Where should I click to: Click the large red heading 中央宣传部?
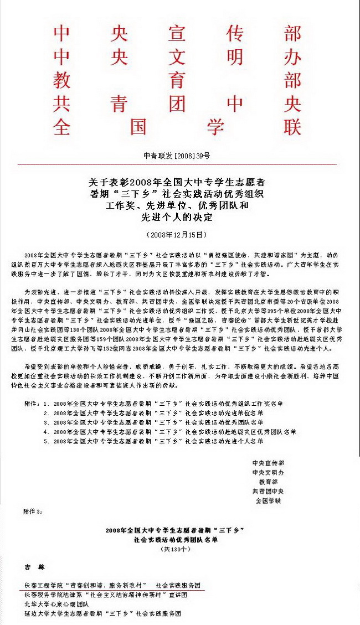pyautogui.click(x=177, y=34)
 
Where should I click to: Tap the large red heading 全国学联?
pyautogui.click(x=177, y=127)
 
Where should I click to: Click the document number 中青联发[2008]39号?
pyautogui.click(x=177, y=156)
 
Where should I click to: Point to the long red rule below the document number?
pyautogui.click(x=177, y=164)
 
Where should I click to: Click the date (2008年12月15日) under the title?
pyautogui.click(x=177, y=235)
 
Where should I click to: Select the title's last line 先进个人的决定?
pyautogui.click(x=177, y=218)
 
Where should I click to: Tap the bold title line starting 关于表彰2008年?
pyautogui.click(x=177, y=182)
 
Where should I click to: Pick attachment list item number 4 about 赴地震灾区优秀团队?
pyautogui.click(x=169, y=432)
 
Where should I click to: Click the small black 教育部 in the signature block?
pyautogui.click(x=268, y=482)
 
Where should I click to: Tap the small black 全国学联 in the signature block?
pyautogui.click(x=268, y=500)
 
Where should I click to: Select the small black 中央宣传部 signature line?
pyautogui.click(x=268, y=463)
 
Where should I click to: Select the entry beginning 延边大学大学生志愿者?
pyautogui.click(x=102, y=613)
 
